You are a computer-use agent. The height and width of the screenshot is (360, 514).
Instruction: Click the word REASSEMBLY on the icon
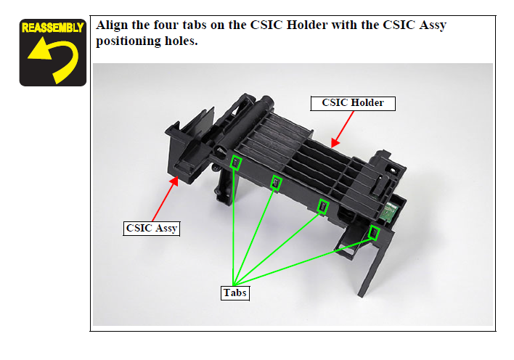click(x=52, y=28)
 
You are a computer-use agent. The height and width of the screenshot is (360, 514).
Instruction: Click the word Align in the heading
click(x=113, y=25)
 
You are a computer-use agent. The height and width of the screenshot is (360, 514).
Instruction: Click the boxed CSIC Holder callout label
click(x=352, y=103)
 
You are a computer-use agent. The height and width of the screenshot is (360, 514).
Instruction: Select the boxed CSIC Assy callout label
click(x=152, y=228)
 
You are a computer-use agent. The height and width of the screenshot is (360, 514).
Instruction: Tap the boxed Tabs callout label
click(x=234, y=292)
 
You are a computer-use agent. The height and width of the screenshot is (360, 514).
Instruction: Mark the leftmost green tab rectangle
click(x=235, y=162)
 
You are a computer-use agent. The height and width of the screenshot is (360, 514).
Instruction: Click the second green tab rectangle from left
click(x=276, y=182)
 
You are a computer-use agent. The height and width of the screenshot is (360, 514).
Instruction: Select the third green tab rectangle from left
click(x=323, y=207)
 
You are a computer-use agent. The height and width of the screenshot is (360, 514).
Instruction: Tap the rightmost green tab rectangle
click(x=374, y=232)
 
